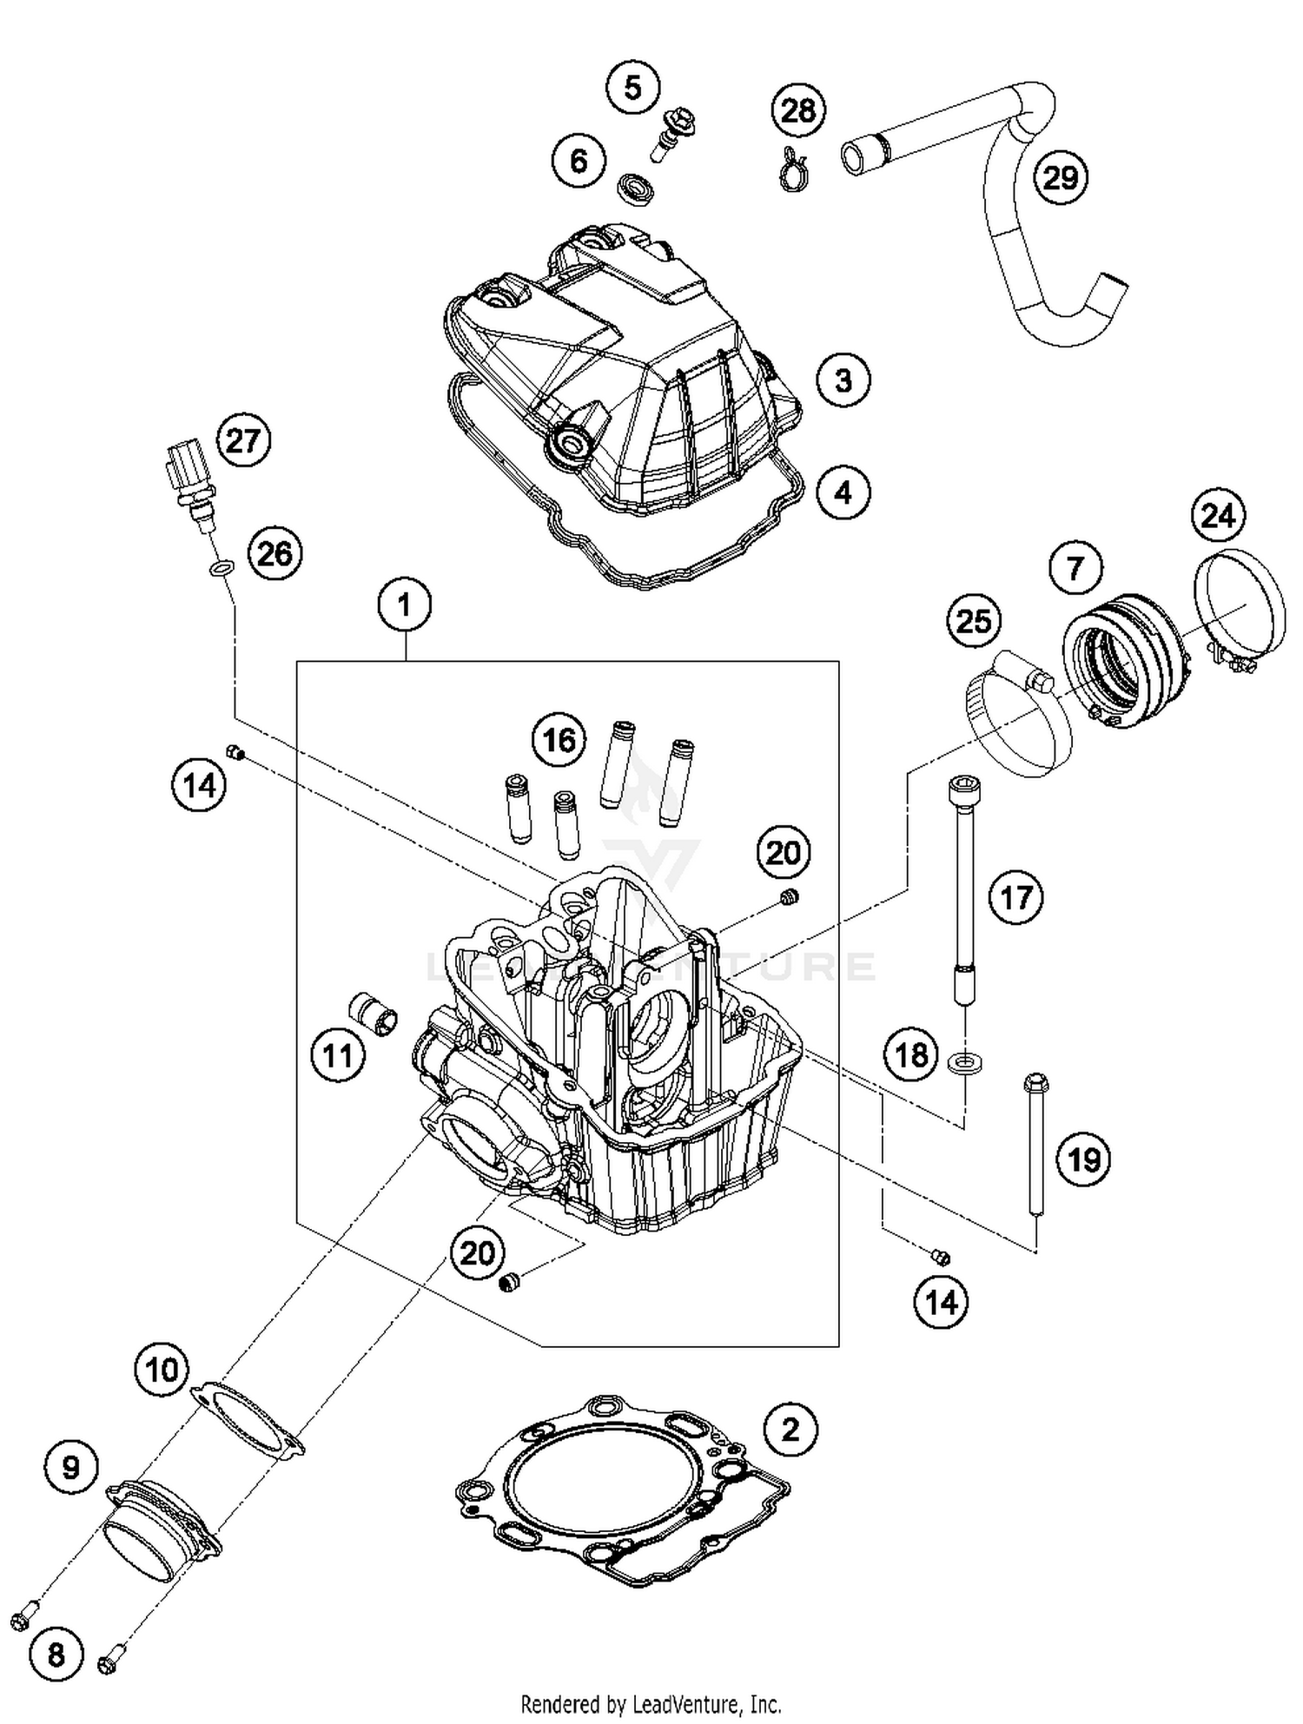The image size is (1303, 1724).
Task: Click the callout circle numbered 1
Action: (x=405, y=604)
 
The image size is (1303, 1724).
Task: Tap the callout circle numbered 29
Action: (x=1061, y=178)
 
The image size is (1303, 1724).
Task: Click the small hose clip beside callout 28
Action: (x=793, y=169)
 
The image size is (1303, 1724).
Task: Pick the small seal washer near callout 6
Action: (x=636, y=188)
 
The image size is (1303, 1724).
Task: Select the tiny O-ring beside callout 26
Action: (x=222, y=570)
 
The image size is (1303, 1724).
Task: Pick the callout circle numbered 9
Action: (x=71, y=1468)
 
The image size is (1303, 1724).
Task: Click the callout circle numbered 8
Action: (x=56, y=1655)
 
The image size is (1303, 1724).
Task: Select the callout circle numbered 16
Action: (x=559, y=740)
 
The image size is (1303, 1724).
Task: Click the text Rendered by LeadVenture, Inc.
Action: (x=651, y=1703)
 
